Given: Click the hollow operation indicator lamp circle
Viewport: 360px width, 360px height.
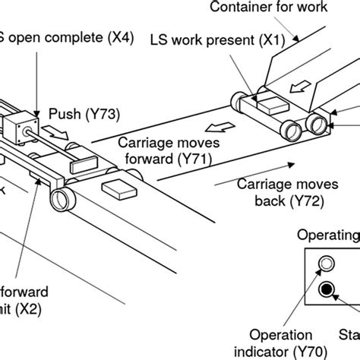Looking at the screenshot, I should point(327,264).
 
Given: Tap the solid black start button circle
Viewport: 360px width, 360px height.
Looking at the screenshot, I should point(327,289).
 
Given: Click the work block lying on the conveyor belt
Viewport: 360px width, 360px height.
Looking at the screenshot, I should point(119,188).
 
